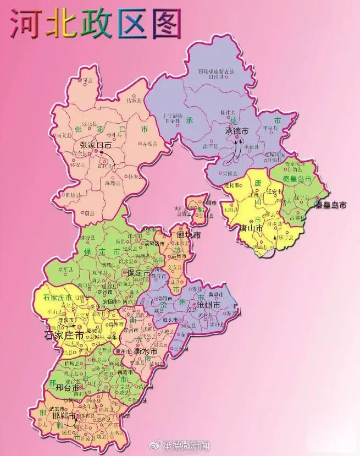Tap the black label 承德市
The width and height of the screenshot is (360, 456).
(237, 131)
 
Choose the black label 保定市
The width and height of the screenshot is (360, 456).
(139, 272)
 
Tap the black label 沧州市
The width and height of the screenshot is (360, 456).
(209, 304)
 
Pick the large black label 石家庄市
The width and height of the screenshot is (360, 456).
(64, 334)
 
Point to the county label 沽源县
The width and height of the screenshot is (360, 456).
(134, 101)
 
